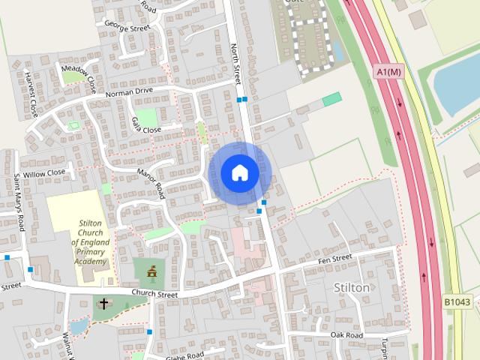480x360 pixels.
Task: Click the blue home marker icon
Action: pyautogui.click(x=239, y=172)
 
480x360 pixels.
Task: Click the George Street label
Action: pyautogui.click(x=127, y=28)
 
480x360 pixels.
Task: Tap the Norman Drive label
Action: pyautogui.click(x=129, y=92)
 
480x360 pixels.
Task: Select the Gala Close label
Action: pyautogui.click(x=145, y=125)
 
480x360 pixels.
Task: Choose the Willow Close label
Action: pyautogui.click(x=44, y=172)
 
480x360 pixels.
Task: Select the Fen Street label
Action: pyautogui.click(x=334, y=259)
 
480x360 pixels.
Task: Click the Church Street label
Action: pyautogui.click(x=154, y=294)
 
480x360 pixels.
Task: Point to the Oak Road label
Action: pyautogui.click(x=346, y=334)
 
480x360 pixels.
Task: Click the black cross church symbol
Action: pyautogui.click(x=103, y=304)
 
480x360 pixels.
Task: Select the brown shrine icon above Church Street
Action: pyautogui.click(x=151, y=271)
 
